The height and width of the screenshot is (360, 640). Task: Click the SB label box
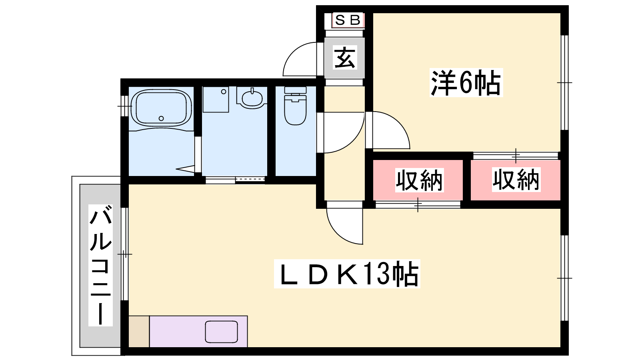tap(348, 20)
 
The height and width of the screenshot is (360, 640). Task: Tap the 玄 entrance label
tap(345, 58)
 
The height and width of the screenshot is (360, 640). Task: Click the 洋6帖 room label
tap(466, 82)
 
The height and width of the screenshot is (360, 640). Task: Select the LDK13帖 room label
tap(347, 274)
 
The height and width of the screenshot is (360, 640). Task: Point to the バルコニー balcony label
tap(100, 265)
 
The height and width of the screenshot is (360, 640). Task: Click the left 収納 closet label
tap(420, 180)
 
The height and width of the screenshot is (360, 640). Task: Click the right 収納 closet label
tap(516, 180)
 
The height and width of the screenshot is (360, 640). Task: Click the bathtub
tap(161, 108)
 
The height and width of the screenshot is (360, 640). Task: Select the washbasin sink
tap(252, 98)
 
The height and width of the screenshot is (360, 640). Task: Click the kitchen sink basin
tap(222, 332)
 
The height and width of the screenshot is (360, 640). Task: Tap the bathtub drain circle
tap(161, 118)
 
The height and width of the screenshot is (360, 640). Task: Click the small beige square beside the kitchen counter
tap(139, 332)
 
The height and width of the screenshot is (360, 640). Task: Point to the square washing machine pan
tap(216, 100)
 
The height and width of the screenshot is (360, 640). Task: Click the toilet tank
tap(296, 90)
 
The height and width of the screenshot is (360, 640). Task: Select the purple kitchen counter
tap(198, 332)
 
